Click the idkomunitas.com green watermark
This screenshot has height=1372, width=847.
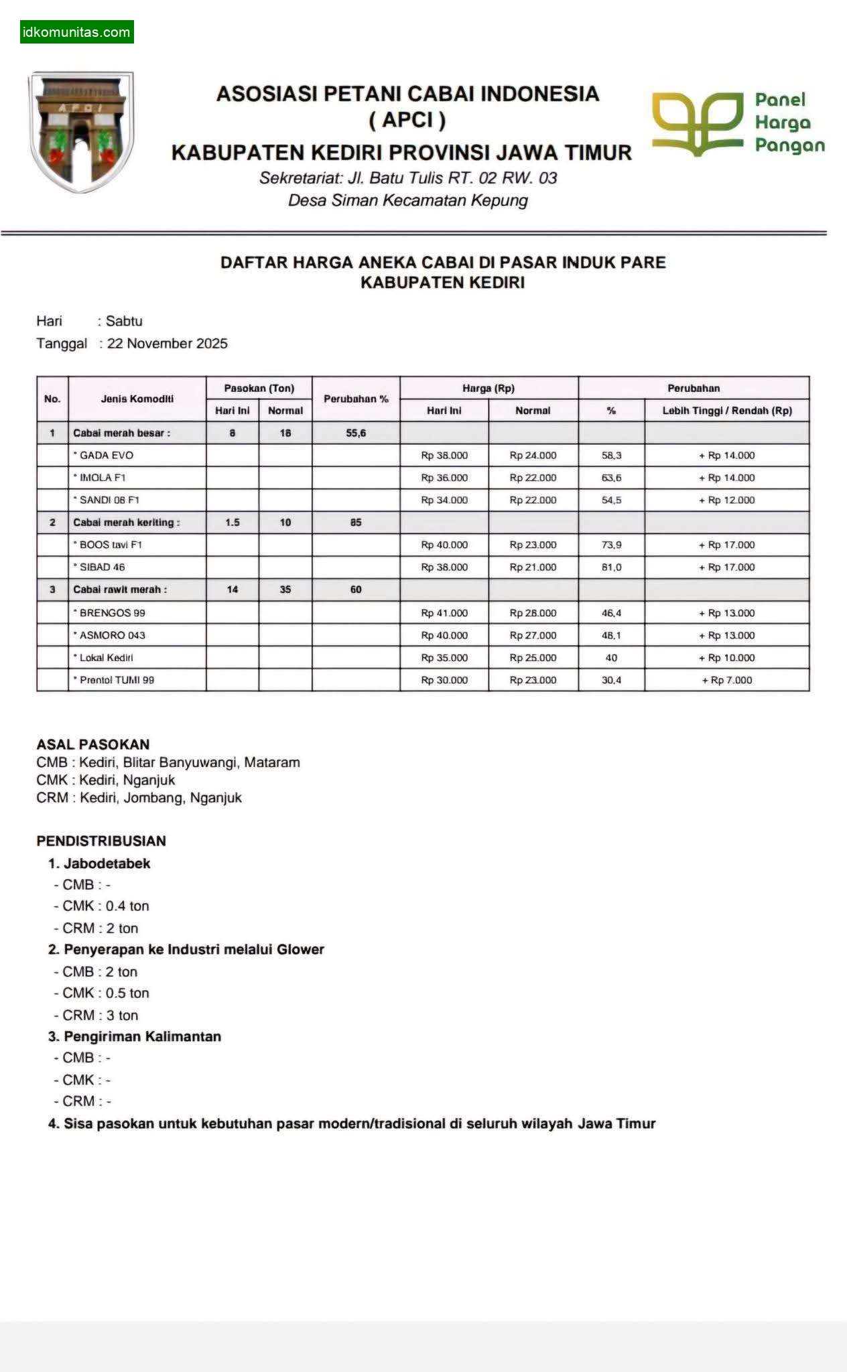[x=76, y=32]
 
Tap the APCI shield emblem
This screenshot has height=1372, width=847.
[x=81, y=131]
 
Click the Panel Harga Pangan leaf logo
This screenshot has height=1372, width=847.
[x=698, y=124]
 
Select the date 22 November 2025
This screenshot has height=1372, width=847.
[x=168, y=344]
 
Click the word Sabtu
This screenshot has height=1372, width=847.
[x=124, y=321]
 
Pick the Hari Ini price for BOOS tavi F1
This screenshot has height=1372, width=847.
[x=444, y=545]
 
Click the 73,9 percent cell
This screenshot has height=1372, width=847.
[x=611, y=545]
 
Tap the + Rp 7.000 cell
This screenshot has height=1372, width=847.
[x=727, y=681]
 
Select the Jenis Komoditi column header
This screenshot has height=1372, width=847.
[x=137, y=399]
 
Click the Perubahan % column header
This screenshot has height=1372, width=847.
[x=356, y=399]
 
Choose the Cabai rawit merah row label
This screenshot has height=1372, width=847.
[x=120, y=590]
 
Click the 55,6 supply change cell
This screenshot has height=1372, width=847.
[x=356, y=433]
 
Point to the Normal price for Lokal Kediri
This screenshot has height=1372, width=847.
[x=533, y=658]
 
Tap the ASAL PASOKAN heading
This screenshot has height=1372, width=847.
[x=93, y=744]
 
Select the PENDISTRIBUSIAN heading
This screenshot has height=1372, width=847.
[x=101, y=841]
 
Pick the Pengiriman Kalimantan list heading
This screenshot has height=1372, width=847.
[x=142, y=1036]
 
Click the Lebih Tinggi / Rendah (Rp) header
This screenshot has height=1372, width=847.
[x=727, y=411]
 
